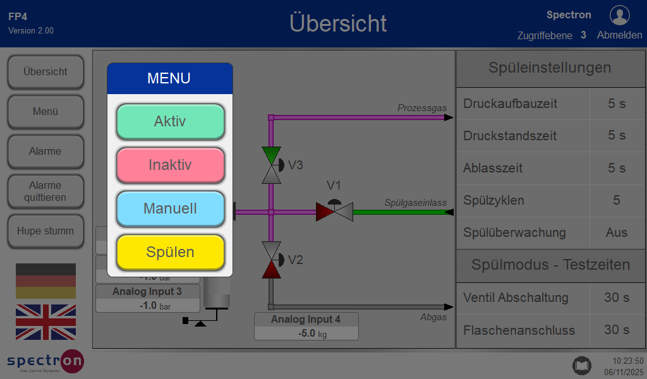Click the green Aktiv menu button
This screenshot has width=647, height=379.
coord(170,121)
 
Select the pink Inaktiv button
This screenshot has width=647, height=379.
coord(170,165)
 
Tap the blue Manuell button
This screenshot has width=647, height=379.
coord(170,208)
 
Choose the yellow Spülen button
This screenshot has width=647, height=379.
coord(170,252)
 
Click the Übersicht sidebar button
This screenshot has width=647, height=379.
coord(45,72)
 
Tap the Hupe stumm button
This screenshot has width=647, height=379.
coord(45,231)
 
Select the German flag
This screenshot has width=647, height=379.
coord(45,281)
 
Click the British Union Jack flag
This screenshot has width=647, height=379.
coord(45,322)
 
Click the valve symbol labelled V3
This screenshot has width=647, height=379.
coord(271,165)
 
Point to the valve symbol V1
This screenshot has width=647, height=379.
coord(334,211)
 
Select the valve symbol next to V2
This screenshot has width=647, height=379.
coord(271,260)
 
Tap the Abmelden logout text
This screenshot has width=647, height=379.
coord(619,35)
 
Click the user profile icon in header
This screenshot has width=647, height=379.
coord(619,15)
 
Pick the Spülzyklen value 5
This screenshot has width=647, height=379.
coord(617,201)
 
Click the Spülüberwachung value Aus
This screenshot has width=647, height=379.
coord(617,233)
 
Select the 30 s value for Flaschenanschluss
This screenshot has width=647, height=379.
coord(617,330)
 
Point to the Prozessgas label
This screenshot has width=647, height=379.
coord(421,108)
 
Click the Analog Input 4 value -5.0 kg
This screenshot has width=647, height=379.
coord(306,334)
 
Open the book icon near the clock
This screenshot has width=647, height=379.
coord(581,365)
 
